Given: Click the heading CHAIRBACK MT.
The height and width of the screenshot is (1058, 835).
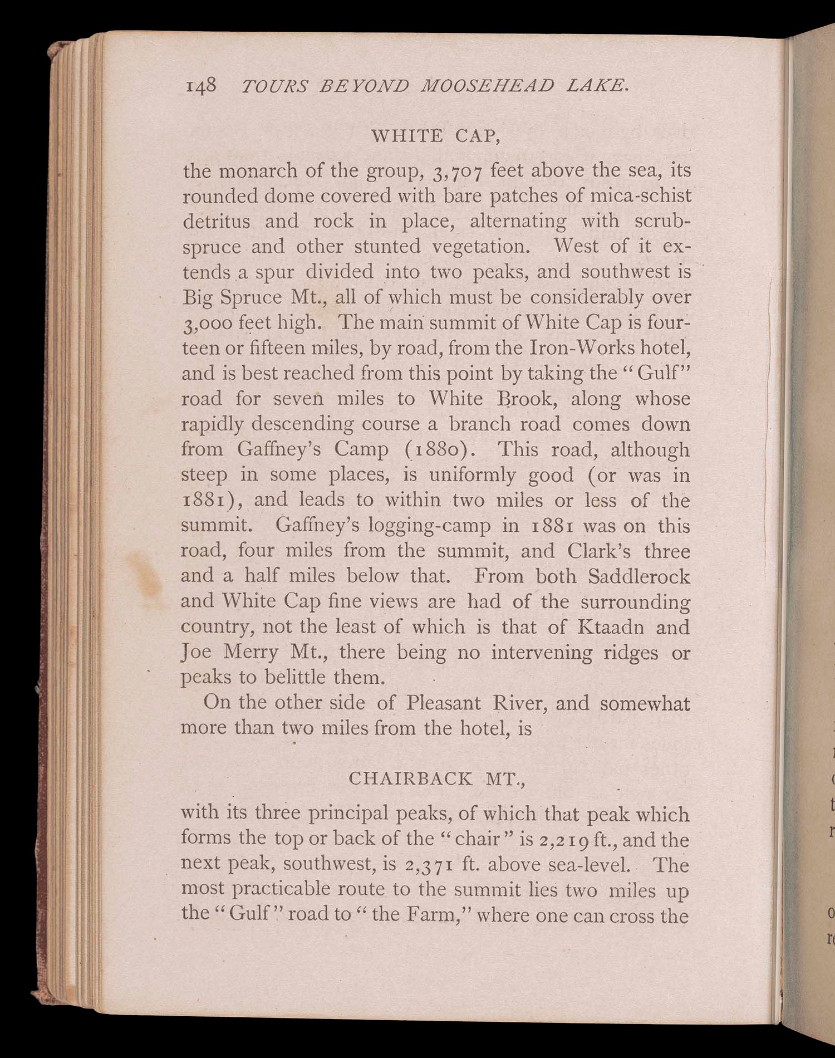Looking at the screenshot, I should pos(437,778).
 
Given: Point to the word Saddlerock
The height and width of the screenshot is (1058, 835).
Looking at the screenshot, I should pos(638,576).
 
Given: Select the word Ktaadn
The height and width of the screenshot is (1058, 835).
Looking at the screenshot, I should pos(611,628).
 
